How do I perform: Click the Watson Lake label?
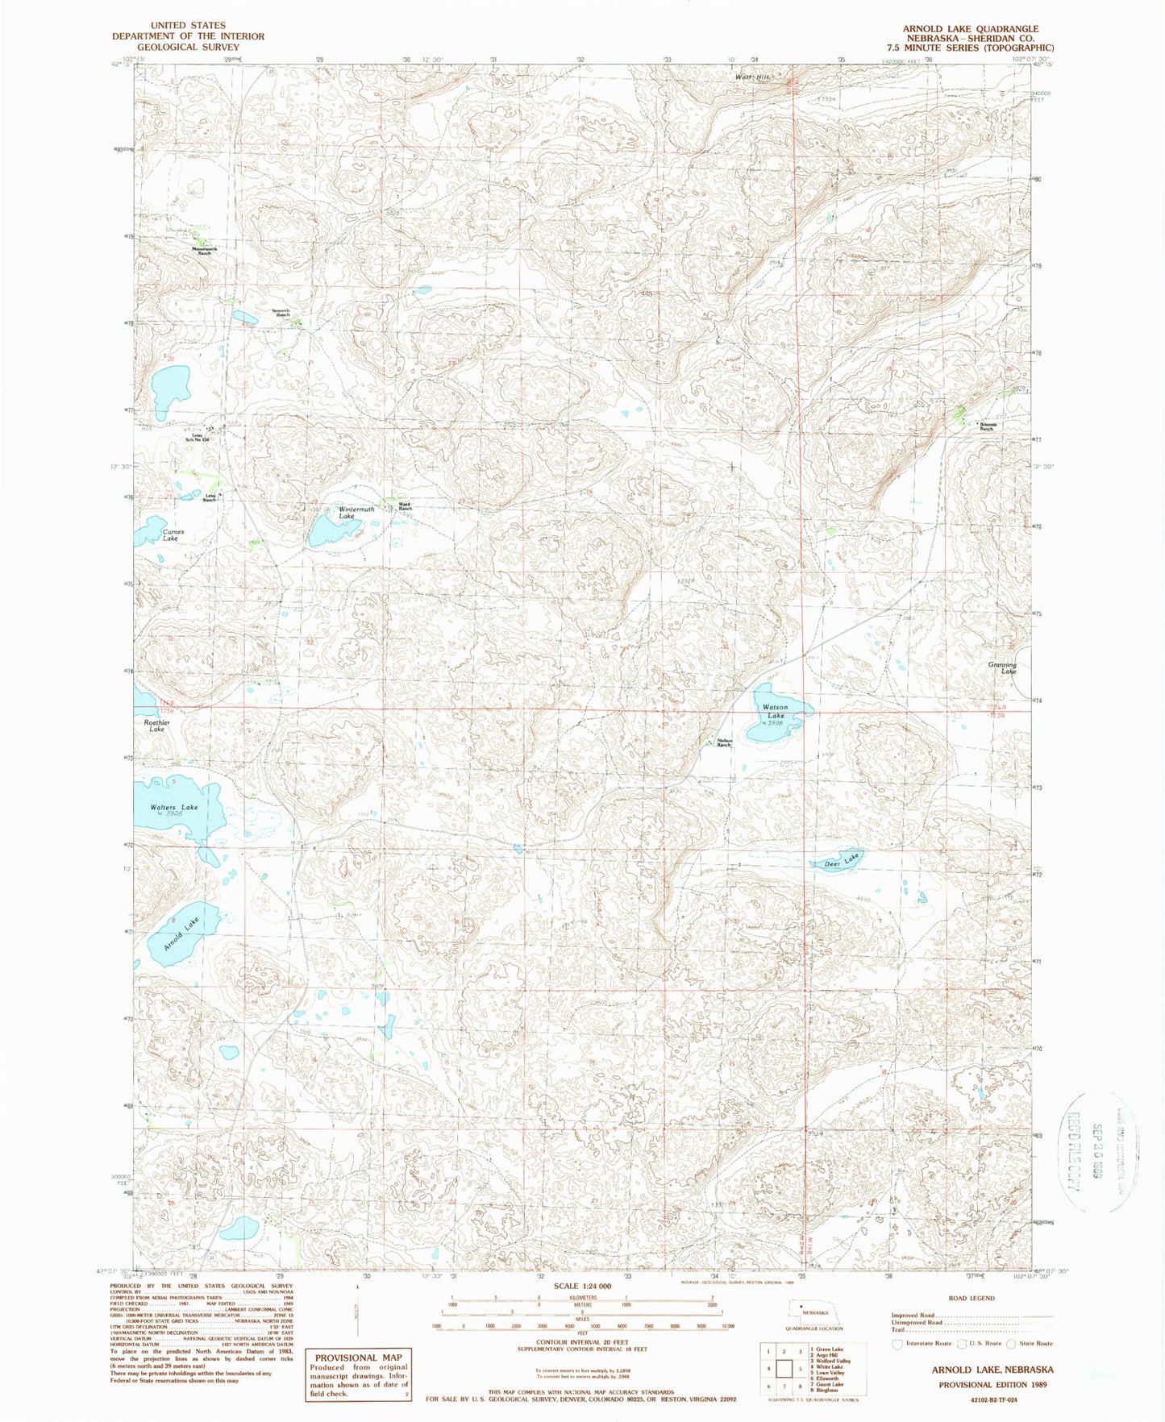pyautogui.click(x=776, y=711)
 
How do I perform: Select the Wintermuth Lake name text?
pyautogui.click(x=356, y=513)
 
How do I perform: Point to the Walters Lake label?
pyautogui.click(x=174, y=807)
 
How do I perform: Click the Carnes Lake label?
pyautogui.click(x=173, y=535)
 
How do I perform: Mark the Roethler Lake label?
pyautogui.click(x=156, y=726)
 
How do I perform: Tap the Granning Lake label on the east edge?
pyautogui.click(x=1002, y=668)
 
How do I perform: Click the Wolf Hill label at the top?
pyautogui.click(x=752, y=77)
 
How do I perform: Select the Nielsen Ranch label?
pyautogui.click(x=723, y=743)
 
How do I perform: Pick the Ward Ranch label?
pyautogui.click(x=405, y=507)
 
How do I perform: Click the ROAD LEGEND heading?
pyautogui.click(x=972, y=1298)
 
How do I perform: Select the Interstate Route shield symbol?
pyautogui.click(x=897, y=1344)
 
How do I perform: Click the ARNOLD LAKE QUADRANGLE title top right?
pyautogui.click(x=970, y=29)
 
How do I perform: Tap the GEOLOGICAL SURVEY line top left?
pyautogui.click(x=188, y=47)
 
